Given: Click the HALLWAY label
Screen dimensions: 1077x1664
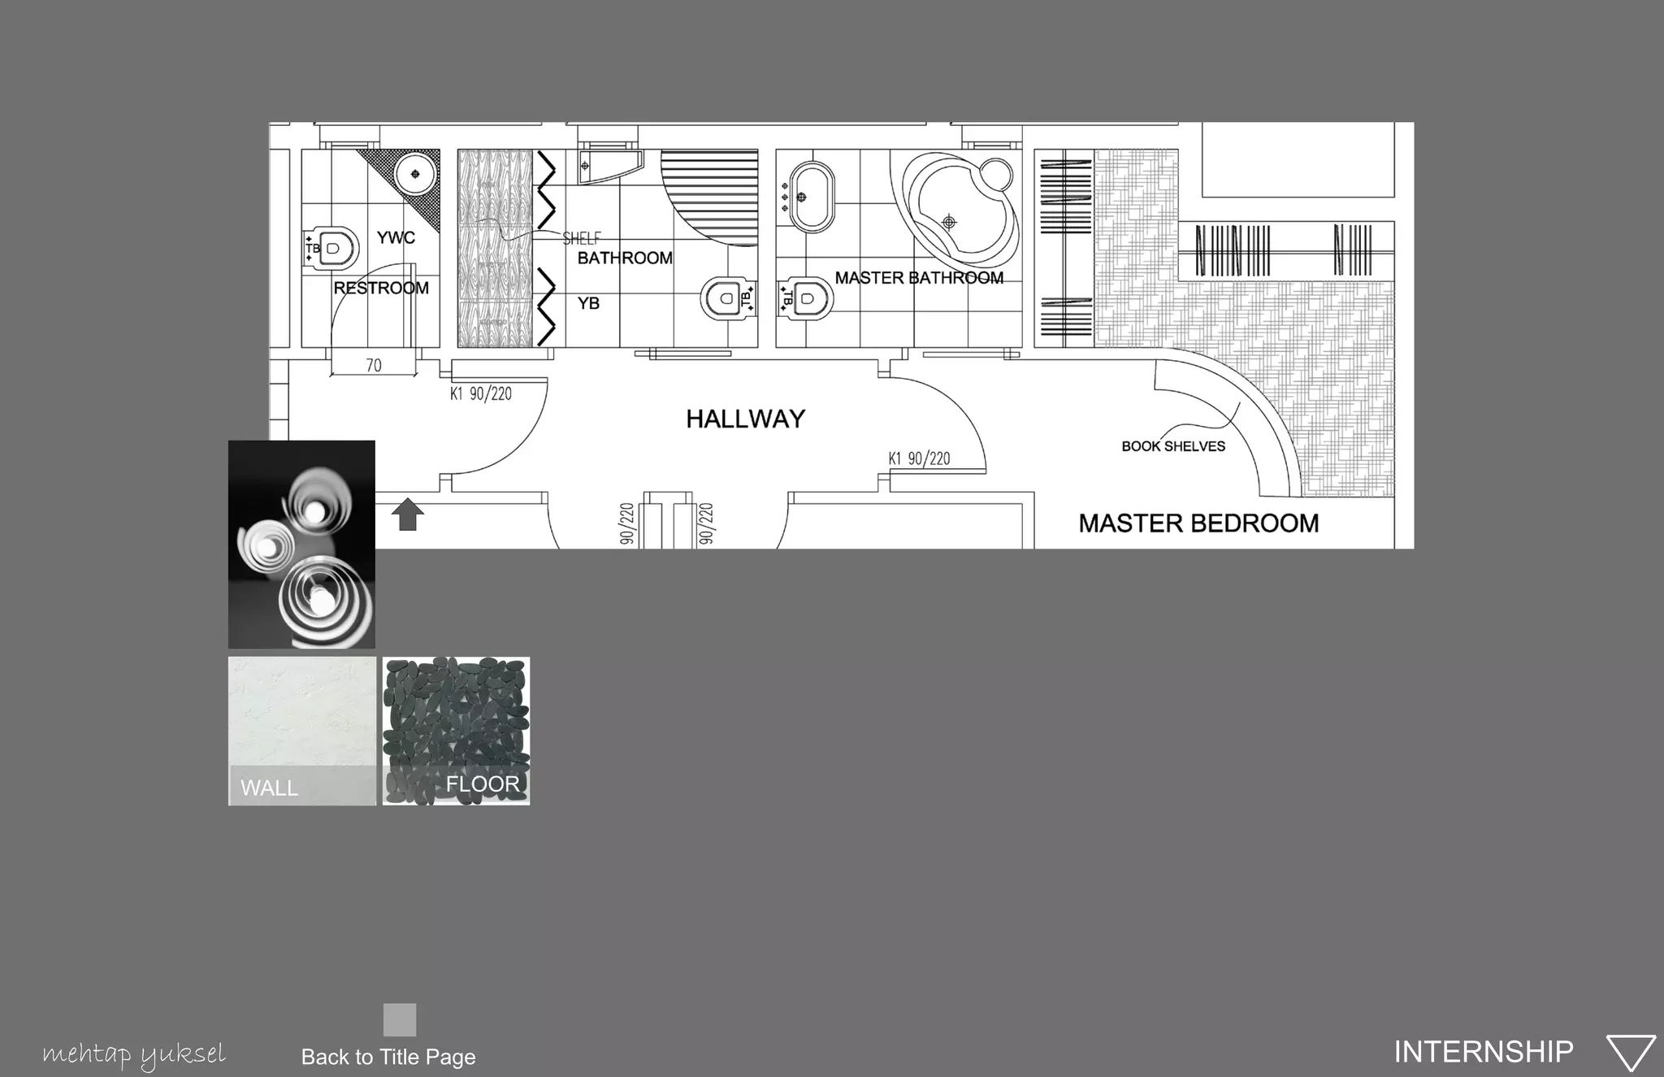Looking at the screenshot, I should pyautogui.click(x=745, y=419).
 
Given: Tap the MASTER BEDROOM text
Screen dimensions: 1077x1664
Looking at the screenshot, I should pyautogui.click(x=1198, y=523).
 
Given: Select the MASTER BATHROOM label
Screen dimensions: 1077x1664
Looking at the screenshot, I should pyautogui.click(x=919, y=278).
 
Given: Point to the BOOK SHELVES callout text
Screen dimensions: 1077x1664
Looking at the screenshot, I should pyautogui.click(x=1173, y=446).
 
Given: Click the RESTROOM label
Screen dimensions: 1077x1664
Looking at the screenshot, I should pyautogui.click(x=381, y=289).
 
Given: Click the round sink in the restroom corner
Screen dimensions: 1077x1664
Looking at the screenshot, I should pyautogui.click(x=416, y=174).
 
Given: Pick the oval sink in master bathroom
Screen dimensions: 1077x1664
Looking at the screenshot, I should pyautogui.click(x=811, y=197).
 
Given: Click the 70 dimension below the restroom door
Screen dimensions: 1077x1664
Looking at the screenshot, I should pyautogui.click(x=374, y=366).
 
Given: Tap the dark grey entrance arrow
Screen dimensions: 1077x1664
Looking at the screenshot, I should pyautogui.click(x=408, y=515).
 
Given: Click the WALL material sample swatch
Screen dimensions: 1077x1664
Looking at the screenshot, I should pyautogui.click(x=302, y=731).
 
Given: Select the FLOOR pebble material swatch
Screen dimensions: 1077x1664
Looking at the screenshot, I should pyautogui.click(x=456, y=731).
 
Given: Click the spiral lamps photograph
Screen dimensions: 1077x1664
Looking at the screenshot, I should pyautogui.click(x=301, y=545).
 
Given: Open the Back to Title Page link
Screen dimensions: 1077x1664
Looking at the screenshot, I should pyautogui.click(x=388, y=1057).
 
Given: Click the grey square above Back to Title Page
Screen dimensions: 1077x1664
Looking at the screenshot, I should pyautogui.click(x=400, y=1019).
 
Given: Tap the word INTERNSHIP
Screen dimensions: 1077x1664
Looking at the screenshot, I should pyautogui.click(x=1484, y=1052).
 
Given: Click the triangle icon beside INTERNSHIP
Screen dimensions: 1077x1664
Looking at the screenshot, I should pyautogui.click(x=1631, y=1053).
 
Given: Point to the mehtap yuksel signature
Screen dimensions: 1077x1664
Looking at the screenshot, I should pyautogui.click(x=134, y=1055).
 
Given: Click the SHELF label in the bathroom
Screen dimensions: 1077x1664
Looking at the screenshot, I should pyautogui.click(x=582, y=238).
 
